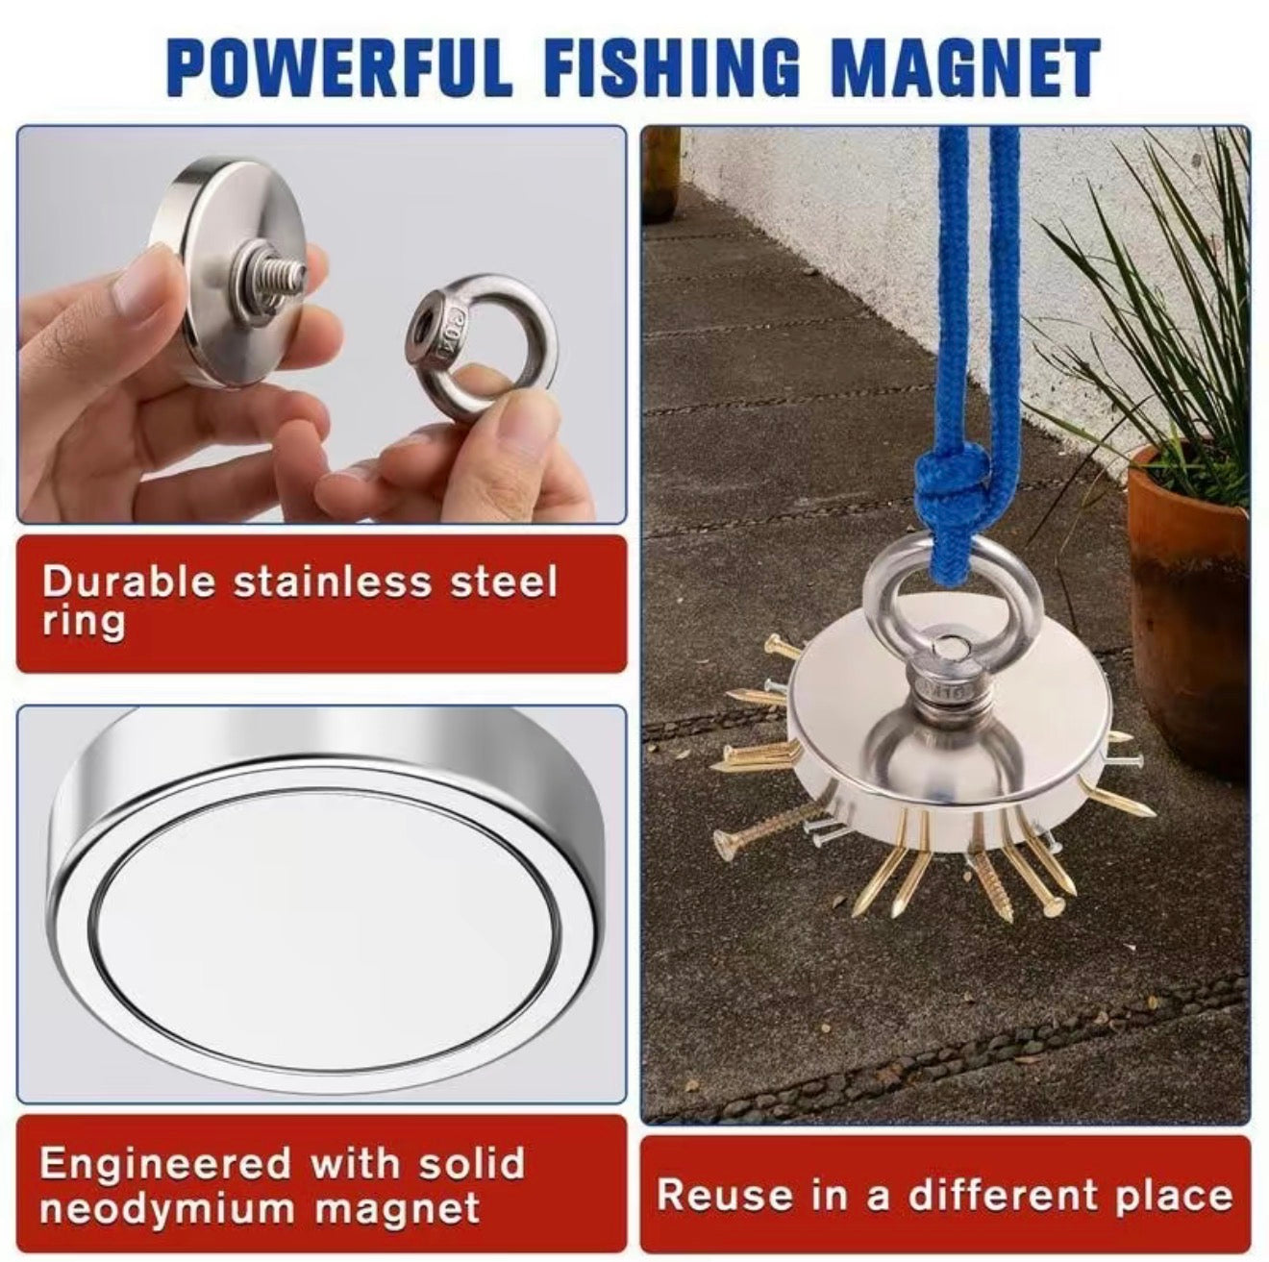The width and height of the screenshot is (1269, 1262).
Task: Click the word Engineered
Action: (x=164, y=1164)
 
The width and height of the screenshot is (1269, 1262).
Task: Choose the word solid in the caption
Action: (x=472, y=1164)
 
